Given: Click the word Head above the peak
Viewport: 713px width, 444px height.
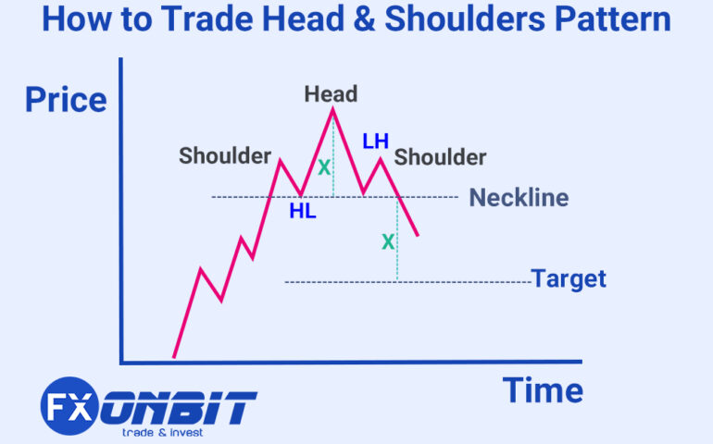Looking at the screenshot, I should (x=331, y=93).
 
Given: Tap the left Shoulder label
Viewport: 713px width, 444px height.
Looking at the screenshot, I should (x=225, y=155).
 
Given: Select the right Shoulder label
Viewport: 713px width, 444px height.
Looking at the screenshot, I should (x=440, y=157).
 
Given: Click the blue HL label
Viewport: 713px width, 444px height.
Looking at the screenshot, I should (x=302, y=211).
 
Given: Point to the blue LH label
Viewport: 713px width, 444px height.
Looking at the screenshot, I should (x=376, y=142).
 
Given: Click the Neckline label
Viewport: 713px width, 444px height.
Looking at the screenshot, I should (x=519, y=197).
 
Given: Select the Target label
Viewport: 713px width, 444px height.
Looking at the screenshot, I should (x=569, y=278).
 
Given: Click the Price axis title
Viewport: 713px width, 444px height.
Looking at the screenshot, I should (x=66, y=99).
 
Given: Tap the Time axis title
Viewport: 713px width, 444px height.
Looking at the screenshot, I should (x=543, y=389).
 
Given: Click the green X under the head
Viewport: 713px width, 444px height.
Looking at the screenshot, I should (x=324, y=168).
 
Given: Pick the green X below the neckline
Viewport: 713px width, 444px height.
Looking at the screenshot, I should (x=388, y=241).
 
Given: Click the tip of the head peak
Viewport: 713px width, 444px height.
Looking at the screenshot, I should (x=332, y=109).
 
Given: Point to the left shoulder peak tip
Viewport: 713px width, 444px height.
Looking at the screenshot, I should (x=280, y=160).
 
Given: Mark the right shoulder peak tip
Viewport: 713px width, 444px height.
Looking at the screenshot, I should (x=380, y=159).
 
